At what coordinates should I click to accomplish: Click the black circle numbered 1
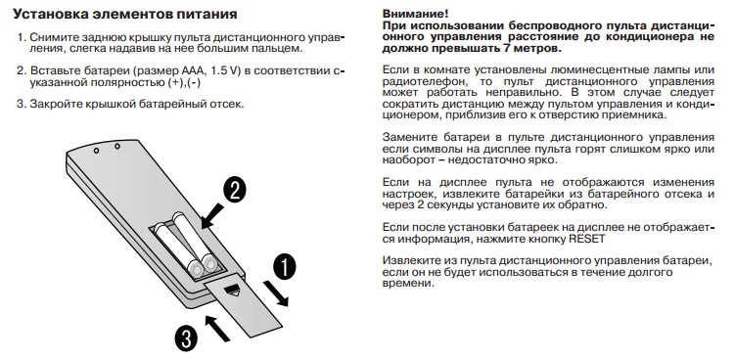(285, 267)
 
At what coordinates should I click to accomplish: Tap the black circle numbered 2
(234, 191)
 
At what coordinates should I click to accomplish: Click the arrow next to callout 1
(276, 293)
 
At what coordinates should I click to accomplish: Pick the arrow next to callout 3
(218, 328)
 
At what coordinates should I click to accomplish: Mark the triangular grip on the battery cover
(232, 291)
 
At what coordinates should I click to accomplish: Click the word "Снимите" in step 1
(53, 37)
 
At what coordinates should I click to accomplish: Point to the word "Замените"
(407, 137)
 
